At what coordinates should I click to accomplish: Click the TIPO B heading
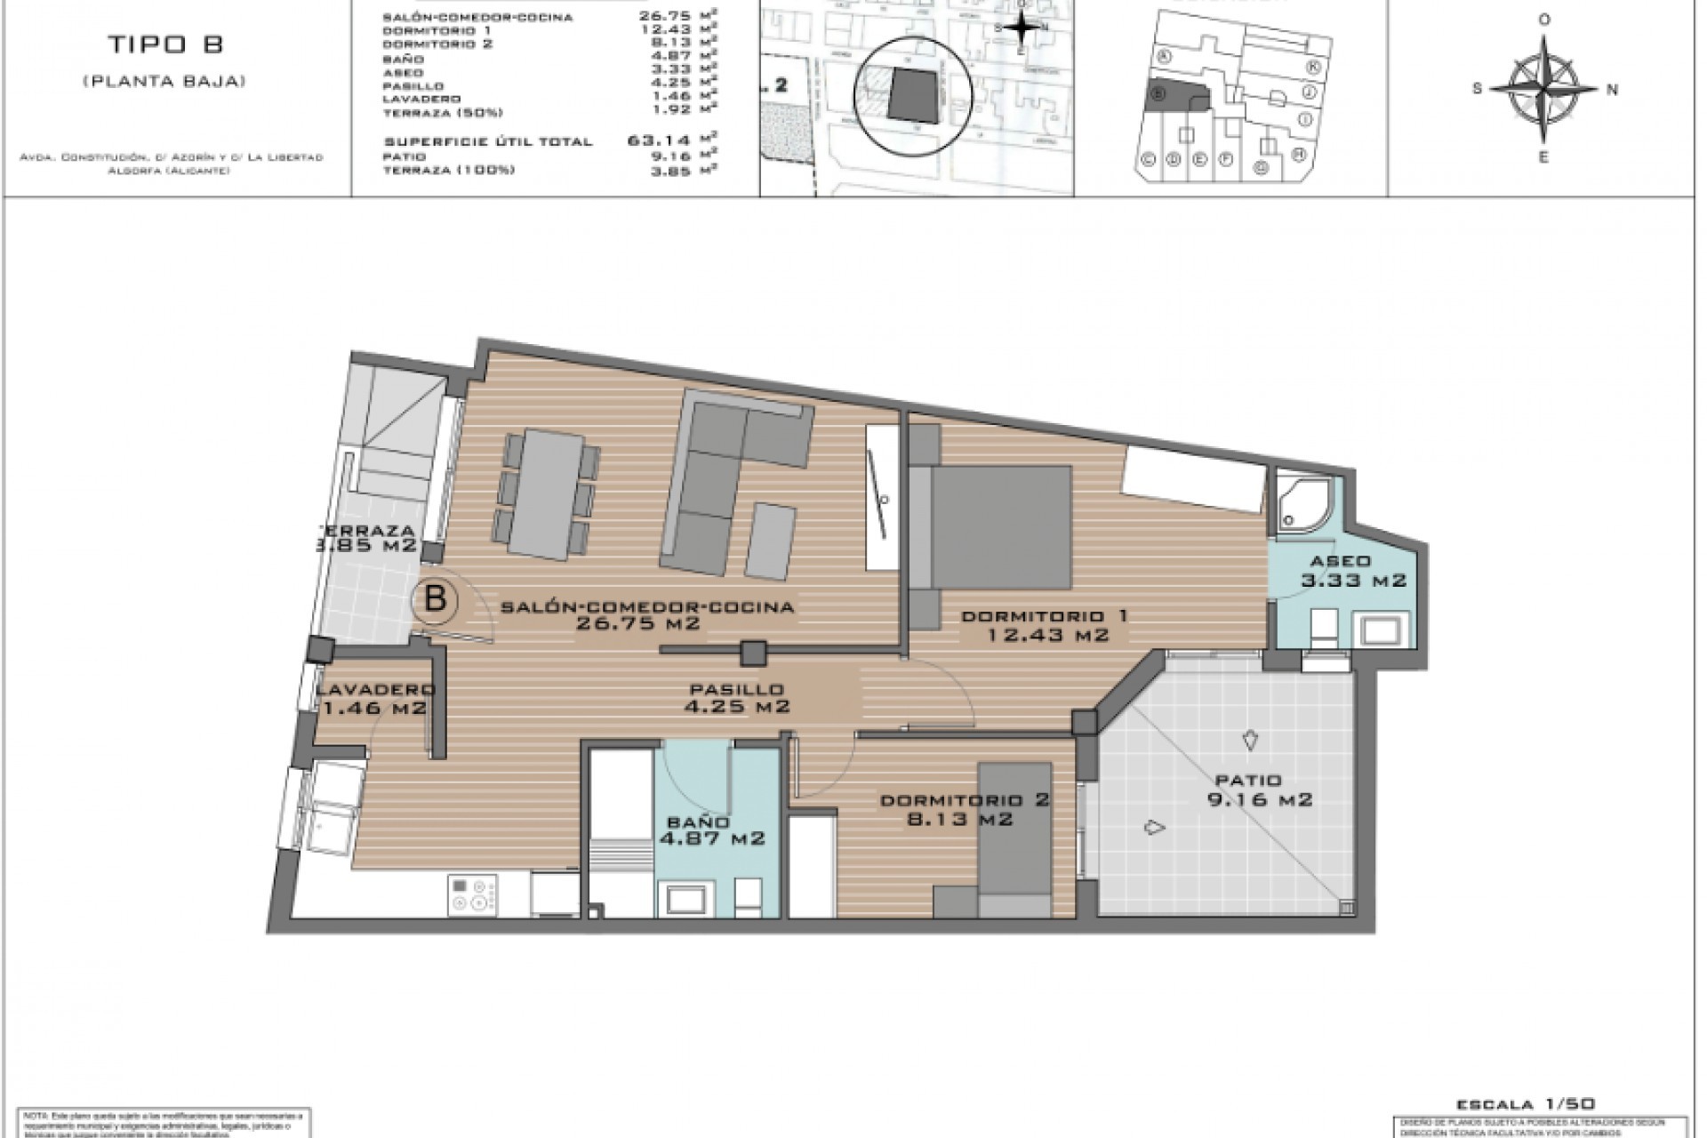[165, 44]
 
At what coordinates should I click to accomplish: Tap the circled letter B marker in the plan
[435, 599]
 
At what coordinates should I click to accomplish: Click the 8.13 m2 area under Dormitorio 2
[959, 819]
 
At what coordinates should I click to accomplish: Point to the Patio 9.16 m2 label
[1247, 789]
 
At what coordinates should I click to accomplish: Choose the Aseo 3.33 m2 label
[1340, 571]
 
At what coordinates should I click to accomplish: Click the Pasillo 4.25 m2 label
[737, 698]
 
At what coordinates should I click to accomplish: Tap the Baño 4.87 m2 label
[711, 829]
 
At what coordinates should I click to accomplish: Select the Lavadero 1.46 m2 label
[375, 699]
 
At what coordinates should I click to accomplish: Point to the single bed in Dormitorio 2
[1014, 836]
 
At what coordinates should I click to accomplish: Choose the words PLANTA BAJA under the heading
[164, 81]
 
